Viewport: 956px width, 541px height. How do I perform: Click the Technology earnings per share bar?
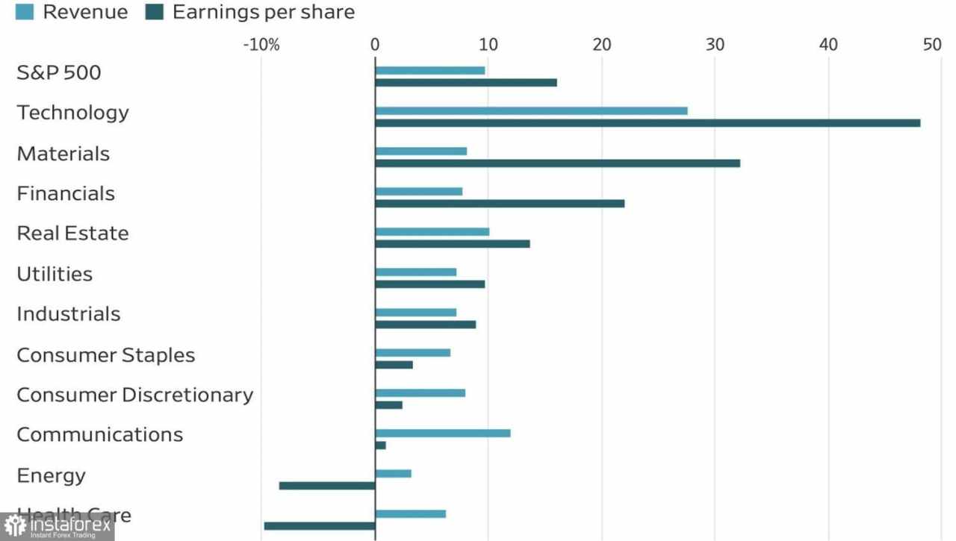(x=648, y=123)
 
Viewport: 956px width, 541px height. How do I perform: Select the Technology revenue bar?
(x=531, y=111)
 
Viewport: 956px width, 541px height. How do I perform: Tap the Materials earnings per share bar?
(x=557, y=163)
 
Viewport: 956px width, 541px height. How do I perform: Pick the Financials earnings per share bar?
(x=500, y=204)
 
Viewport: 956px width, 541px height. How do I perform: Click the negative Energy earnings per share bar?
(x=327, y=486)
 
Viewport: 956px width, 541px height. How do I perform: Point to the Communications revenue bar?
(x=443, y=433)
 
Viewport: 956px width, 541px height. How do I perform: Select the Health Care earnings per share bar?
(x=320, y=526)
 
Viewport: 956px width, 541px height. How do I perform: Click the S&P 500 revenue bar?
(x=430, y=71)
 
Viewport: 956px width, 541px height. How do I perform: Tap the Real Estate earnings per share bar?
(x=453, y=244)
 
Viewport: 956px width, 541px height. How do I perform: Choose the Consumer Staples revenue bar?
(x=413, y=352)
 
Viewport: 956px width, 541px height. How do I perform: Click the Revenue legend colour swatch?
(x=25, y=12)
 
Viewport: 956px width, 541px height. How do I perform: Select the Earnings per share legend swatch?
(x=155, y=12)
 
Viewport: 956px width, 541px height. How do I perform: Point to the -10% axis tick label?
(x=261, y=45)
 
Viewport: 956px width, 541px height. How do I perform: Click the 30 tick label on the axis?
(x=715, y=45)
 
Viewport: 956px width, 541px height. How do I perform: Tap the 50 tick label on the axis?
(x=931, y=45)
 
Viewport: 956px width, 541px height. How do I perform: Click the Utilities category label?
(x=55, y=274)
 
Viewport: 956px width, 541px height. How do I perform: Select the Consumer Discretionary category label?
(x=134, y=395)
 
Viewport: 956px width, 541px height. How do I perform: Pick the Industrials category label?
(x=68, y=314)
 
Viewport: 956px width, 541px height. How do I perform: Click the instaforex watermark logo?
(x=57, y=528)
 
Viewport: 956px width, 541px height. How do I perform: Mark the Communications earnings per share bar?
(x=380, y=445)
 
